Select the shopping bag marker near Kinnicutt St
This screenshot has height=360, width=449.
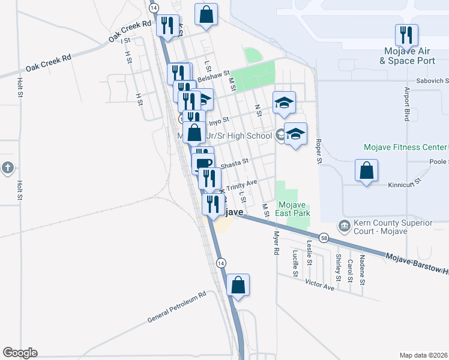point(366,171)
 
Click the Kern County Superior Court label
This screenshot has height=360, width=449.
point(391,227)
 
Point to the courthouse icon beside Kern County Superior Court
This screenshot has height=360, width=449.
point(344,226)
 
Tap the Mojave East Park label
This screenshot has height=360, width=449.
point(293,208)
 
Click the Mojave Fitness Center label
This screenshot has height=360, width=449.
point(405,147)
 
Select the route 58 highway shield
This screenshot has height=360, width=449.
point(324,238)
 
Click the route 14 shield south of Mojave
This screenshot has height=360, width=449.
point(221,263)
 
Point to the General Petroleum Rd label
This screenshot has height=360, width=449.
point(177,308)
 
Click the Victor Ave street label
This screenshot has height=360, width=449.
point(319,284)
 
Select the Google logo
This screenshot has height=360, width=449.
point(20,353)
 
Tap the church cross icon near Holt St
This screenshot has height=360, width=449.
point(7,168)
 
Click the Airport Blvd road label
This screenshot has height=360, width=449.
point(406,104)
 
